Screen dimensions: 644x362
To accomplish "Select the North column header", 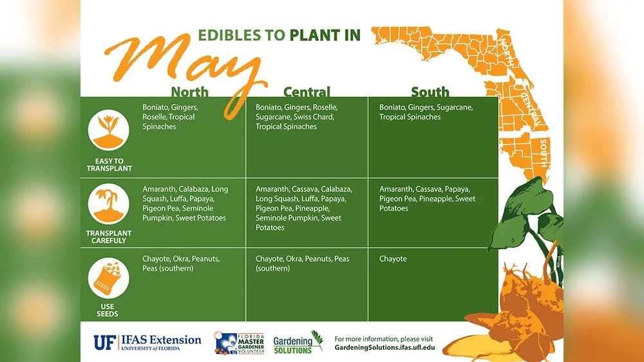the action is (189, 92).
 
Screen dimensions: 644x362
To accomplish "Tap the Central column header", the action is (307, 92).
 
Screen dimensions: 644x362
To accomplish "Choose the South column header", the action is (430, 92).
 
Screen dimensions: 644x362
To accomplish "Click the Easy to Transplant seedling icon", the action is (108, 130).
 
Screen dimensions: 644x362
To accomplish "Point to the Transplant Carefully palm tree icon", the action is (108, 204).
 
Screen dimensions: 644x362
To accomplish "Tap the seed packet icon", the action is (108, 278).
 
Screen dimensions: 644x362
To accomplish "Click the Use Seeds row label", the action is (108, 310).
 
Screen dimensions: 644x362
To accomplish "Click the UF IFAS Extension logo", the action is (147, 343).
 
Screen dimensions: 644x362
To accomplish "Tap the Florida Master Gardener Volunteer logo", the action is (239, 343).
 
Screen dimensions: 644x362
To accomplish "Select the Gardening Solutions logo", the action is (298, 342).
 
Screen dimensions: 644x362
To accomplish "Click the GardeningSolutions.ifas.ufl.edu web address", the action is (384, 348).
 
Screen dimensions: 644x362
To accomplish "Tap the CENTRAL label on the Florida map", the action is (530, 108).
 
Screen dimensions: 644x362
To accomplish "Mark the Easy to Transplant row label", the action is (109, 165).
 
